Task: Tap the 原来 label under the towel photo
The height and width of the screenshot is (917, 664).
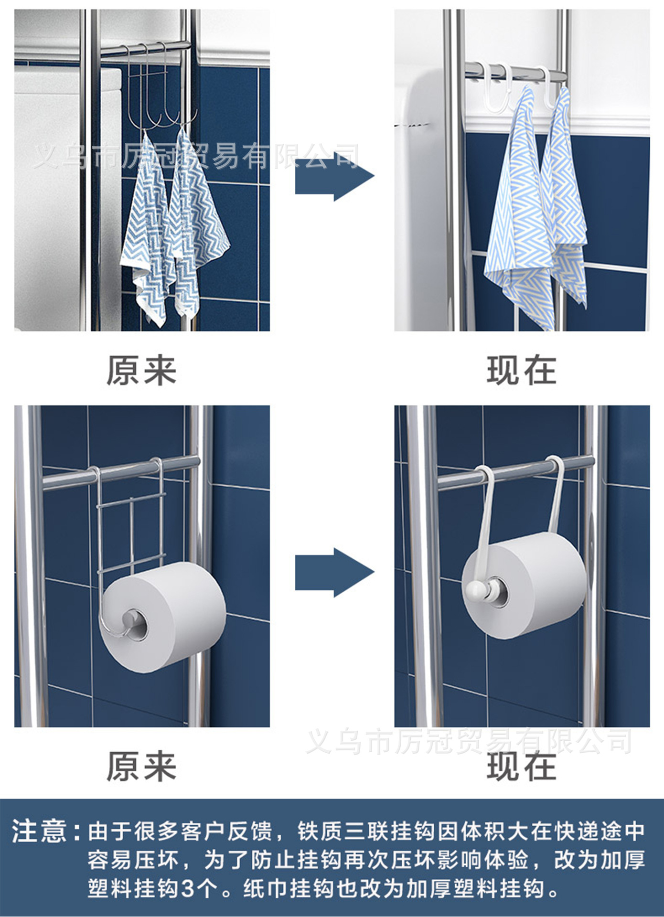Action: pyautogui.click(x=141, y=371)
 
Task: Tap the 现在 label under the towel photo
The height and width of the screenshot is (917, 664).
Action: pyautogui.click(x=522, y=371)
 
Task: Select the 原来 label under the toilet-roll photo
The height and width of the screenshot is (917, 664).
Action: pyautogui.click(x=141, y=767)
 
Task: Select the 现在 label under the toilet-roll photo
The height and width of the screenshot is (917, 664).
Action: pyautogui.click(x=522, y=767)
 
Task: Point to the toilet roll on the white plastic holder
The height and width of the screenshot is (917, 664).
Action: pyautogui.click(x=535, y=583)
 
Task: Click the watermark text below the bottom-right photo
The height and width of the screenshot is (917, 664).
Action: pyautogui.click(x=468, y=742)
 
